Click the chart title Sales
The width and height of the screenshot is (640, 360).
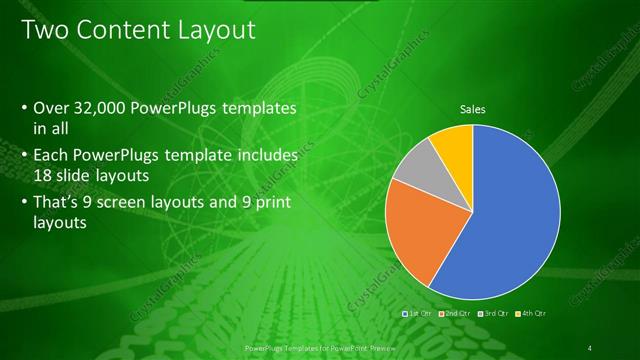pos(473,109)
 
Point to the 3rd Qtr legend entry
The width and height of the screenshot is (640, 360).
pos(494,314)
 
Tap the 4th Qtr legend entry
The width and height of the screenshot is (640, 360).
pos(530,314)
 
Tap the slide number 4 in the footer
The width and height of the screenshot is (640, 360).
pos(591,347)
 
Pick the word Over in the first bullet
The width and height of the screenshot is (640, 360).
pos(51,108)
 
